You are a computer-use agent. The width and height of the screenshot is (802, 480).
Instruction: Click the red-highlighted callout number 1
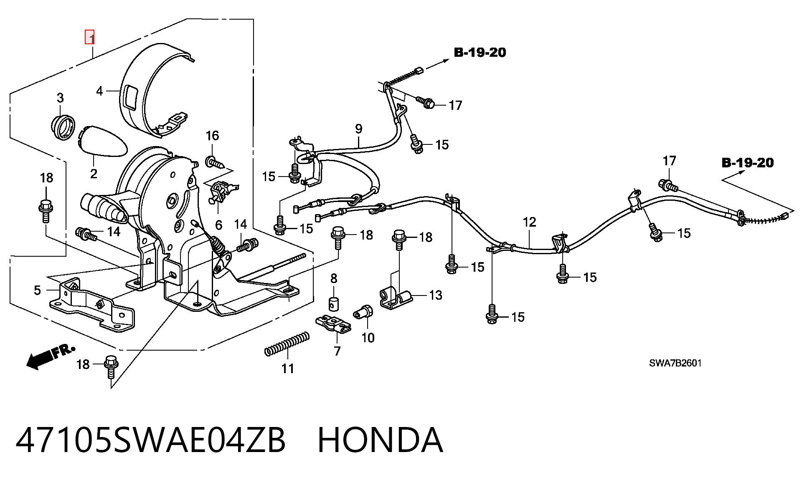point(90,37)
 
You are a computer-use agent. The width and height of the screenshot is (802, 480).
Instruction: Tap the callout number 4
point(99,91)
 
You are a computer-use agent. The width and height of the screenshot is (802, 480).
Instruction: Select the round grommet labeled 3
point(63,127)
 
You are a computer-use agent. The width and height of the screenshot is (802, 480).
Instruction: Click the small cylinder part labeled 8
point(334,304)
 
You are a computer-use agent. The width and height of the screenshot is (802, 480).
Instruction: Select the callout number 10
point(368,337)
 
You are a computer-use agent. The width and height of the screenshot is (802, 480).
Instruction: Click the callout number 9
point(359,129)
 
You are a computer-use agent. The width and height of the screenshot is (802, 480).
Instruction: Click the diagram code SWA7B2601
point(675,363)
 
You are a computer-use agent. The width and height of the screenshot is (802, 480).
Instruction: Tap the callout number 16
point(212,135)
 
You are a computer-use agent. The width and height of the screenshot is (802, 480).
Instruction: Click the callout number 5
point(37,290)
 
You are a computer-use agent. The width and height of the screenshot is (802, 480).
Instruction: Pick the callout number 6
point(218,225)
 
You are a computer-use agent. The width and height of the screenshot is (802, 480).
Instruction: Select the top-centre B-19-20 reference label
point(480,53)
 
